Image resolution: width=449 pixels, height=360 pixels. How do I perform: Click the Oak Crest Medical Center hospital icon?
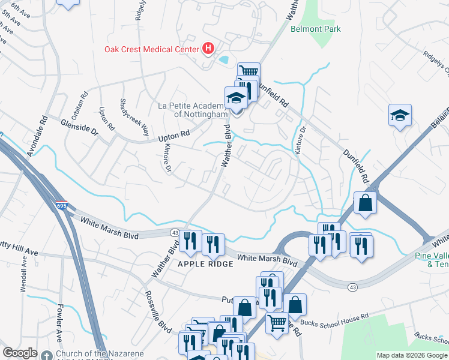pos(208,48)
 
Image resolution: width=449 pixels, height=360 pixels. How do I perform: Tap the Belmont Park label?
pos(315,29)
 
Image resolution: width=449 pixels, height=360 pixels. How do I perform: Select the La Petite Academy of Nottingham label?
pos(192,110)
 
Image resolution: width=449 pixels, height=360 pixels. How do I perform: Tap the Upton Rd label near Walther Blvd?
pos(173,137)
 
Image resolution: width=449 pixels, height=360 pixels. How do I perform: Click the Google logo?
pos(20,353)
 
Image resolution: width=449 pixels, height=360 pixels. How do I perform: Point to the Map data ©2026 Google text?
pos(411,355)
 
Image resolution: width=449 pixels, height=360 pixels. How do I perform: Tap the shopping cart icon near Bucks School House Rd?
pos(277,322)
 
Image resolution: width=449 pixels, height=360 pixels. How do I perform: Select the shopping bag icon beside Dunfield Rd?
pos(365,204)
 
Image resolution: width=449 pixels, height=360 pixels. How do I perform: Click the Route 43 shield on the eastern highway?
pos(352,288)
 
